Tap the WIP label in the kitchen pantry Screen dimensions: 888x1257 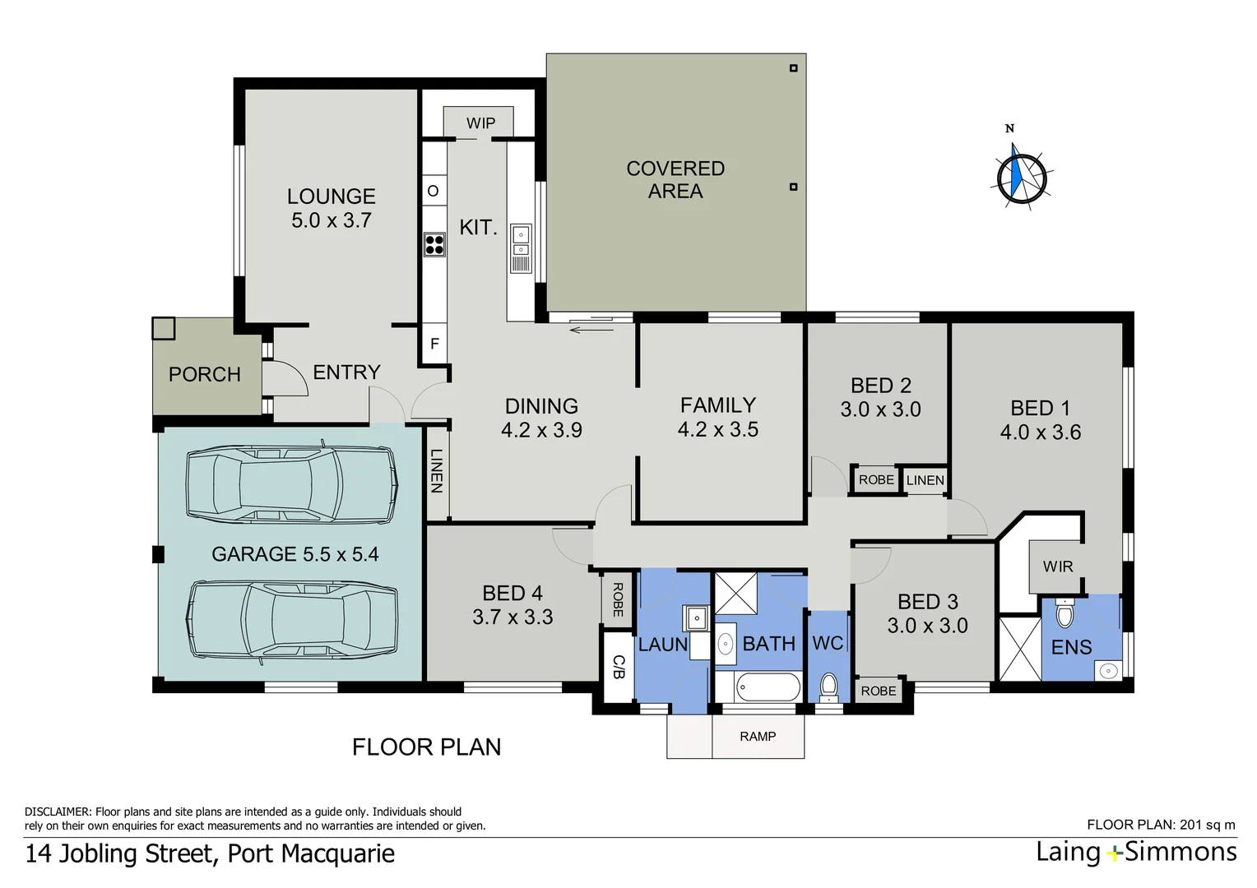click(x=480, y=123)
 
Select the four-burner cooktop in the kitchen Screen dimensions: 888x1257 click(x=434, y=244)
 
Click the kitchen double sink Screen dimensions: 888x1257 click(x=521, y=241)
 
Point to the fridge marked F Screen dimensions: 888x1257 click(x=434, y=344)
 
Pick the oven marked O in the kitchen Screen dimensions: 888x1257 click(x=434, y=192)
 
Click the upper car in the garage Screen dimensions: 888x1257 click(x=291, y=484)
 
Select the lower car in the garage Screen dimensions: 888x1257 click(x=292, y=621)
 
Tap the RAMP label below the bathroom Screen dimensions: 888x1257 click(x=758, y=737)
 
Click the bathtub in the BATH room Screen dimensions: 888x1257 click(x=768, y=687)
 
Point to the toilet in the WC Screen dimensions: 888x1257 click(x=828, y=685)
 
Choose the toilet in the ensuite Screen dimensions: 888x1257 click(x=1065, y=613)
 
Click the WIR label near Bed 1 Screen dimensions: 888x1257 click(x=1057, y=567)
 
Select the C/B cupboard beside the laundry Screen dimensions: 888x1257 click(x=619, y=667)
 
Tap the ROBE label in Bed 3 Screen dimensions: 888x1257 click(x=879, y=691)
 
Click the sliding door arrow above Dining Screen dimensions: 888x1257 click(x=591, y=331)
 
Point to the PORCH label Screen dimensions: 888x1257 click(x=205, y=374)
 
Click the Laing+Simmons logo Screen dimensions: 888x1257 click(x=1136, y=852)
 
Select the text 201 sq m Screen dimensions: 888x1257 click(x=1208, y=825)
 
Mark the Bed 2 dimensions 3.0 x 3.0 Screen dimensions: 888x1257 click(x=880, y=409)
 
